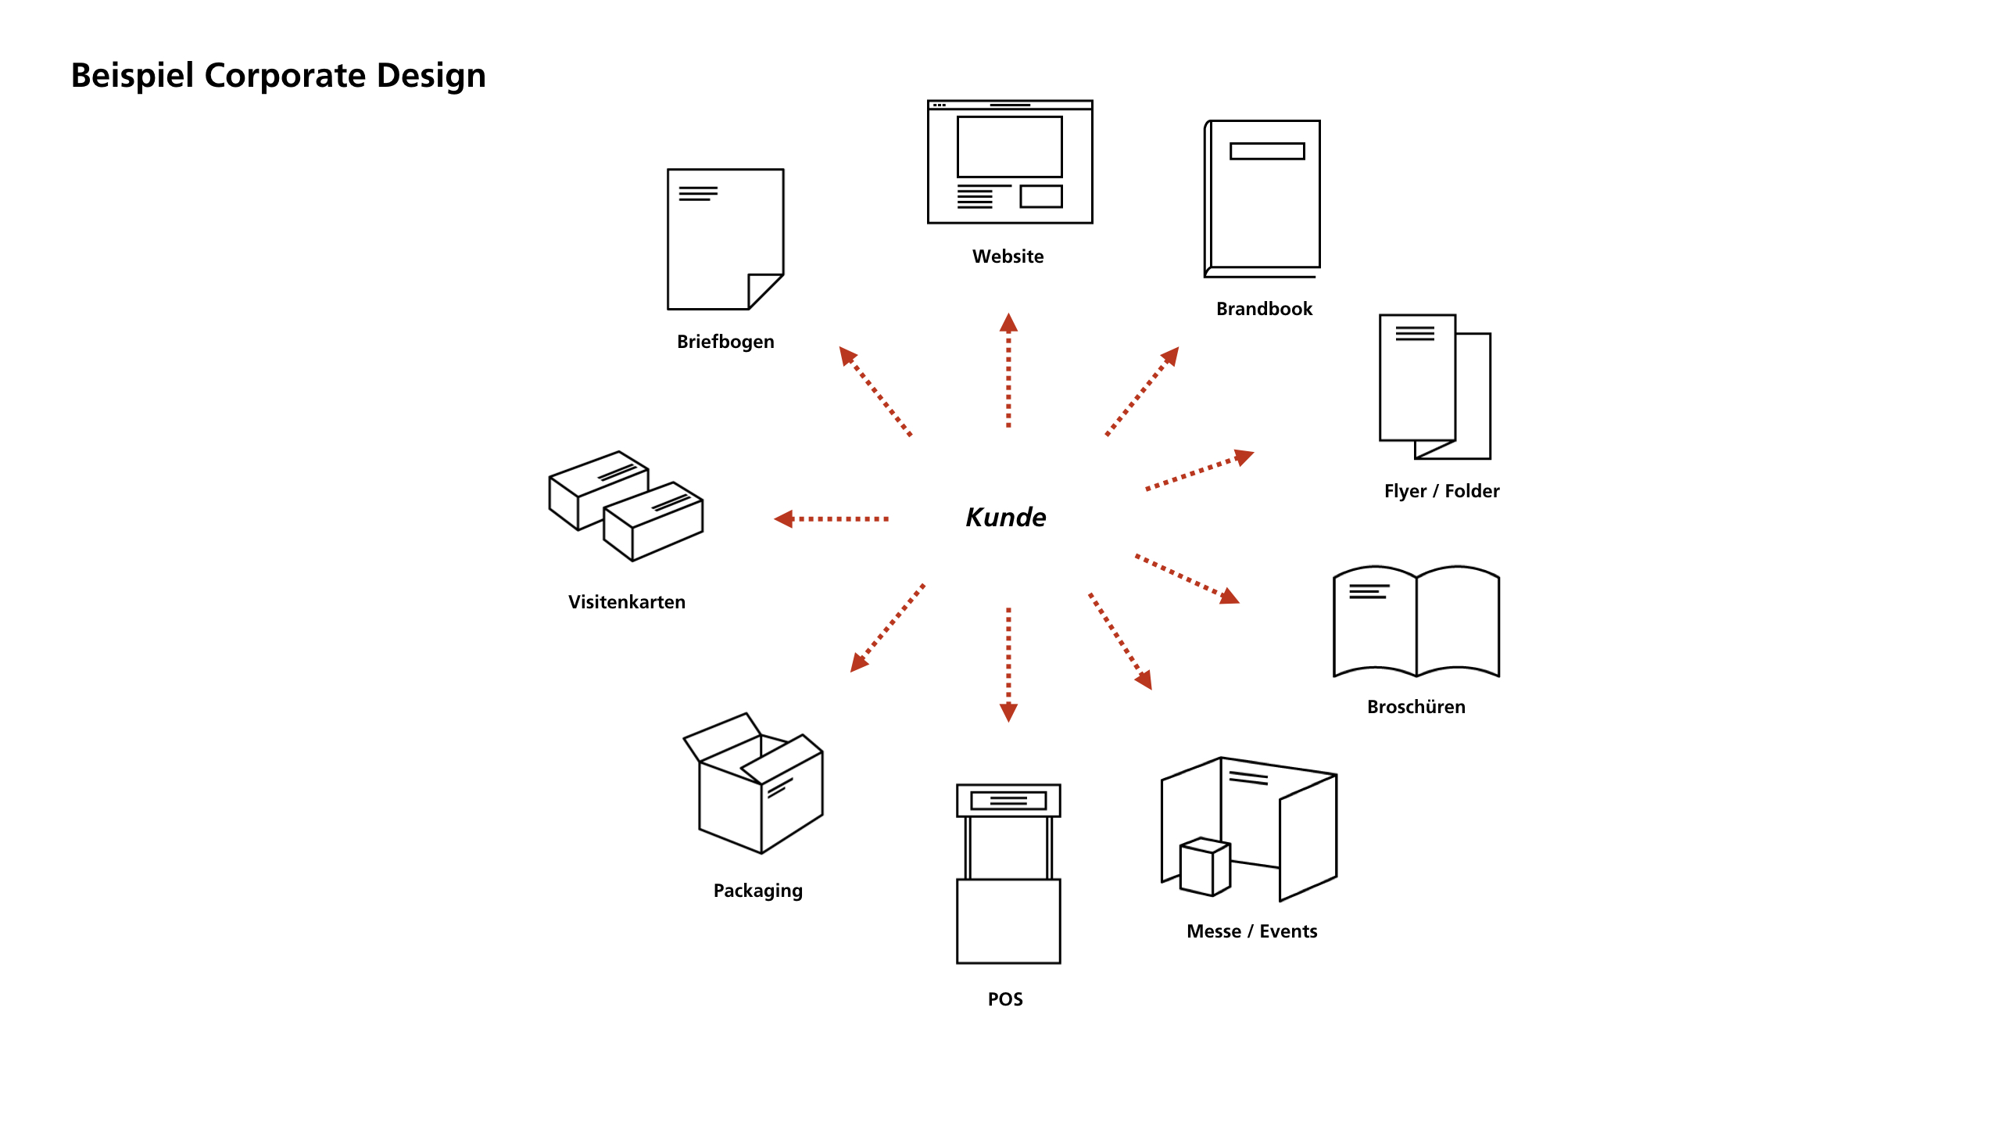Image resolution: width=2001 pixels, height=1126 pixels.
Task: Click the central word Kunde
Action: tap(1006, 518)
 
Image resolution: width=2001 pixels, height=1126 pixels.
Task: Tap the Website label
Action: tap(1008, 256)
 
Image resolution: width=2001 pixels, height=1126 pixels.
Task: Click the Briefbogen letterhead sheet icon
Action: tap(725, 238)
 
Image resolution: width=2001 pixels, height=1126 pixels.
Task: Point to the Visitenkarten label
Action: tap(626, 602)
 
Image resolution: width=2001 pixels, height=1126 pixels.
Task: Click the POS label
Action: tap(1005, 999)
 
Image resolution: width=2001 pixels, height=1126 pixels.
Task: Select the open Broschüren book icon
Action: tap(1416, 622)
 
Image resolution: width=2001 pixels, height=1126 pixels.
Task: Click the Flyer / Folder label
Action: tap(1441, 491)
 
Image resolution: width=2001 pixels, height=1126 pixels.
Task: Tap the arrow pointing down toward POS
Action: tap(1008, 664)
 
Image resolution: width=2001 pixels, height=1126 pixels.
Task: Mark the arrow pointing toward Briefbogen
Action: tap(875, 391)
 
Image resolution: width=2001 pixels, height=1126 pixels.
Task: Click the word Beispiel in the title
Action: tap(132, 76)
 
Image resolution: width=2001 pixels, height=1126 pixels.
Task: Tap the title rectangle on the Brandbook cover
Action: tap(1267, 151)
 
